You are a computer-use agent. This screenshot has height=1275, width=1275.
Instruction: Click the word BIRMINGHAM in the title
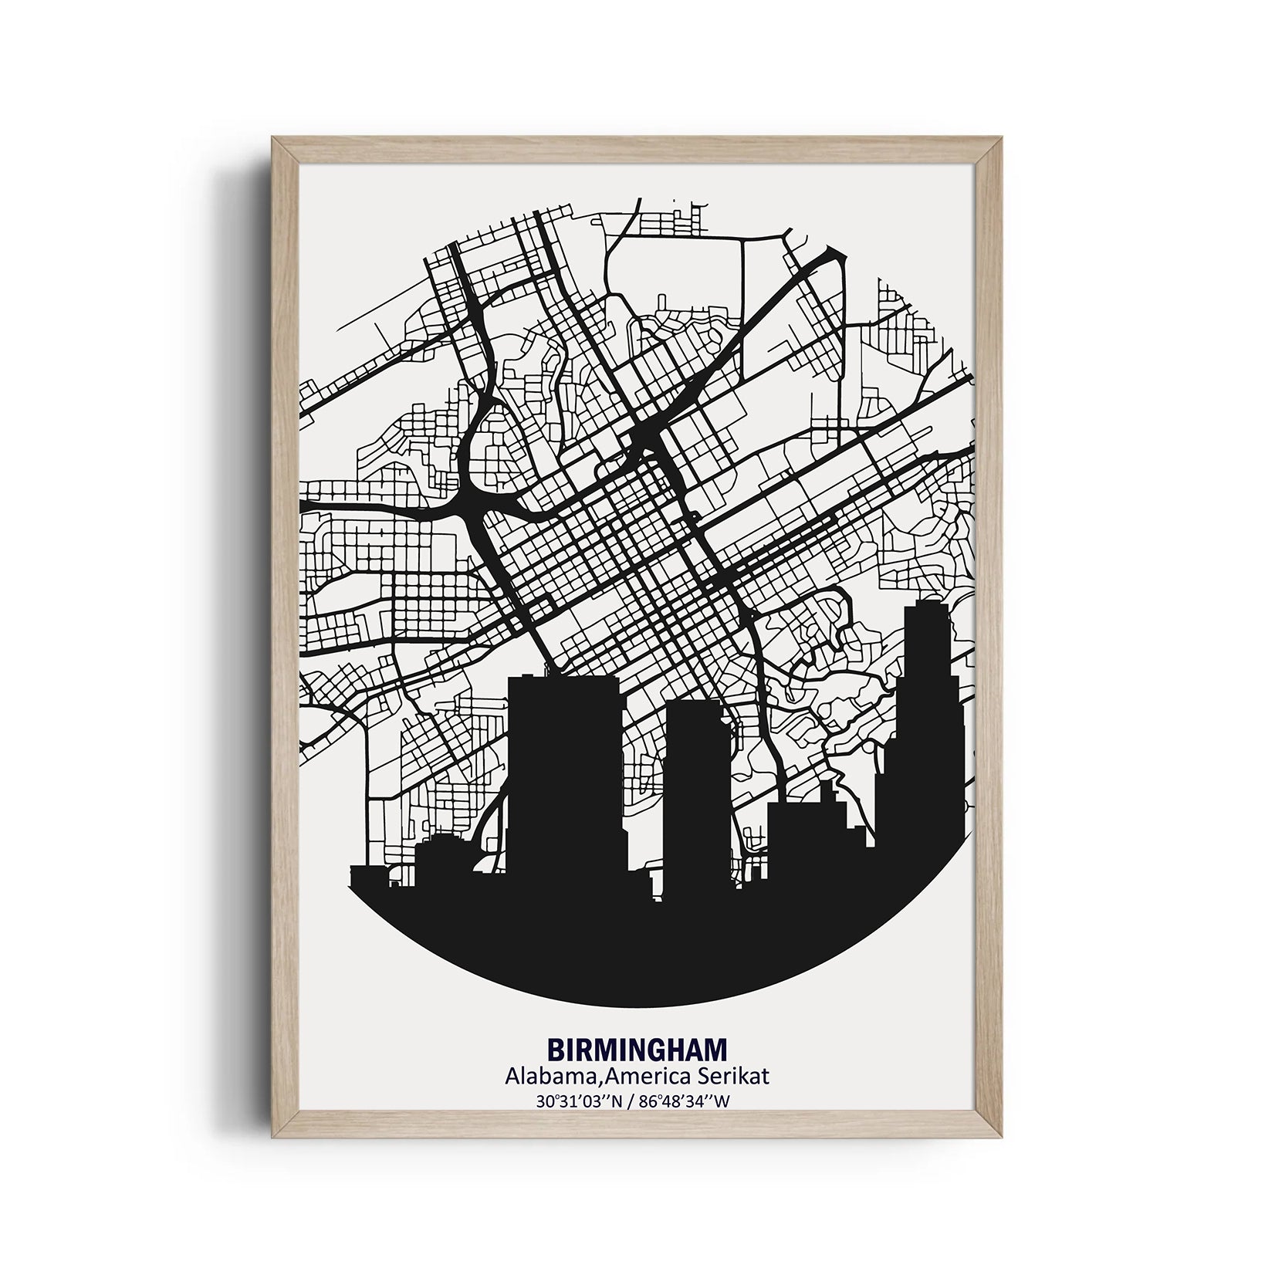click(x=637, y=1049)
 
